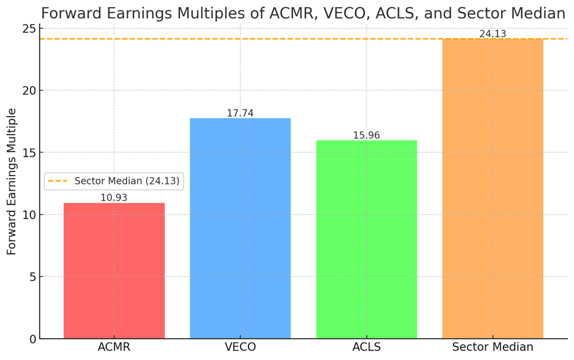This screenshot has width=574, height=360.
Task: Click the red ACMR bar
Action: point(114,271)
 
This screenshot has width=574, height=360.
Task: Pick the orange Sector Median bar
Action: point(493,189)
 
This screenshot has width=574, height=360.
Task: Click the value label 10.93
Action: point(114,198)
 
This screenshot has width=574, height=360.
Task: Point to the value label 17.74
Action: point(240,113)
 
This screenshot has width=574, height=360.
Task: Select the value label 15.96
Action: point(366,136)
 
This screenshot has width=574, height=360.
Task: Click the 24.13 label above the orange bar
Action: point(493,34)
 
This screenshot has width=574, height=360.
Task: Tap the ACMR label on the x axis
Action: point(114,348)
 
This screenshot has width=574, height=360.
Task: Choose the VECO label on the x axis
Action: point(240,348)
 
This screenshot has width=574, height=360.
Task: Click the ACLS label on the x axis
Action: point(366,348)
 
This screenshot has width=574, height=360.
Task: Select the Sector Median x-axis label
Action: point(493,348)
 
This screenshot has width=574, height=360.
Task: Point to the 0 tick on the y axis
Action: point(32,339)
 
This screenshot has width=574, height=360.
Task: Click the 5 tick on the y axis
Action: point(32,277)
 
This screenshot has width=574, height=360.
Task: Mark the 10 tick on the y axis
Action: point(29,214)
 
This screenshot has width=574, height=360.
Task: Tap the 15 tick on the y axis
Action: point(29,153)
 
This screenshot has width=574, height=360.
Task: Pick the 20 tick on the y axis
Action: point(29,91)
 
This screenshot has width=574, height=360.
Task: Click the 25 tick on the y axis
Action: point(29,28)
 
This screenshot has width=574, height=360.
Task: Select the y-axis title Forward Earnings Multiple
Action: point(12,181)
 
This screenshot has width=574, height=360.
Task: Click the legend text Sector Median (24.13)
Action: point(127,181)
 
